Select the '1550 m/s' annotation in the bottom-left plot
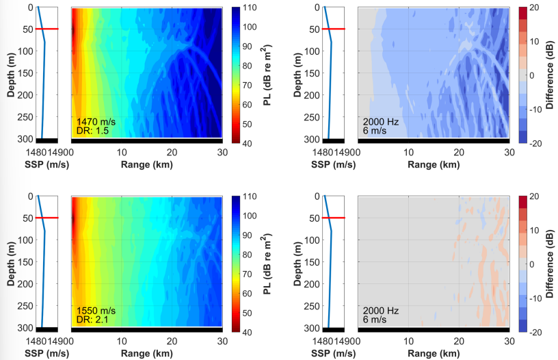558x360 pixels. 92,310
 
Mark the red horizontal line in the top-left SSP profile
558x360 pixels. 48,29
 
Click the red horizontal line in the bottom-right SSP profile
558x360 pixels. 334,218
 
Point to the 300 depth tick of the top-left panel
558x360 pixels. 21,137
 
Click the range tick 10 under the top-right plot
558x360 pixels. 408,152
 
